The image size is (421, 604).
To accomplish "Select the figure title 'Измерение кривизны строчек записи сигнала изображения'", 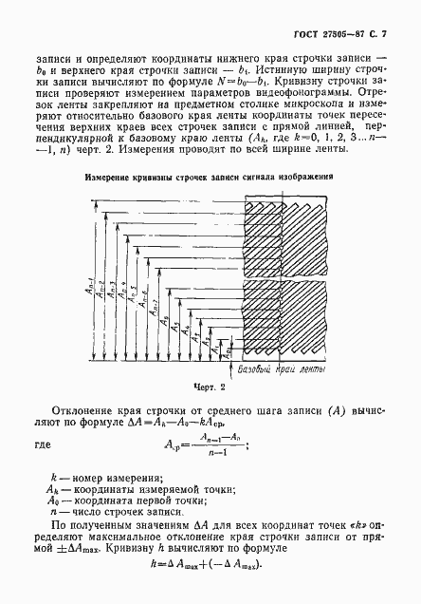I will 210,176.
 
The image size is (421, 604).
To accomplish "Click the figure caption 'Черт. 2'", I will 210,387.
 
